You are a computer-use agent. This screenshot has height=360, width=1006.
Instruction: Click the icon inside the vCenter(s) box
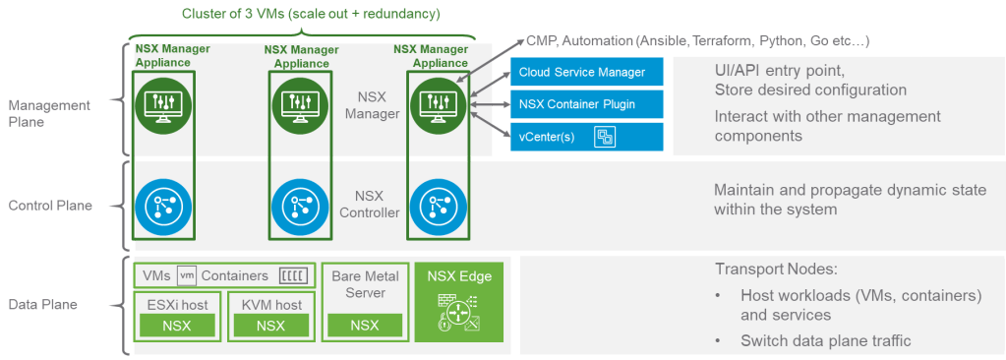pos(605,137)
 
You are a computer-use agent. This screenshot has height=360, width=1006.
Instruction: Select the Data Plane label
pos(44,306)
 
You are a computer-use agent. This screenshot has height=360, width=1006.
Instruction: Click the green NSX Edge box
pos(459,301)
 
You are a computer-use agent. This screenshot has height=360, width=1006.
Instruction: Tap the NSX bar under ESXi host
pos(176,326)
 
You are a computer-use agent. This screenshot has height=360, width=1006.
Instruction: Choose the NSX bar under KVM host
pos(269,326)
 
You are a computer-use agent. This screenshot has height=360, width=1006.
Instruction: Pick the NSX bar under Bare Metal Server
pos(364,326)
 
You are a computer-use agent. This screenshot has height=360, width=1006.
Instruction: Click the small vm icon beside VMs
pos(187,276)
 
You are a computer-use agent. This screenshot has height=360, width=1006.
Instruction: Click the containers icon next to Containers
pos(293,276)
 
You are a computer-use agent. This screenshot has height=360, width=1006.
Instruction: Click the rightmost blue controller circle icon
pos(435,205)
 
